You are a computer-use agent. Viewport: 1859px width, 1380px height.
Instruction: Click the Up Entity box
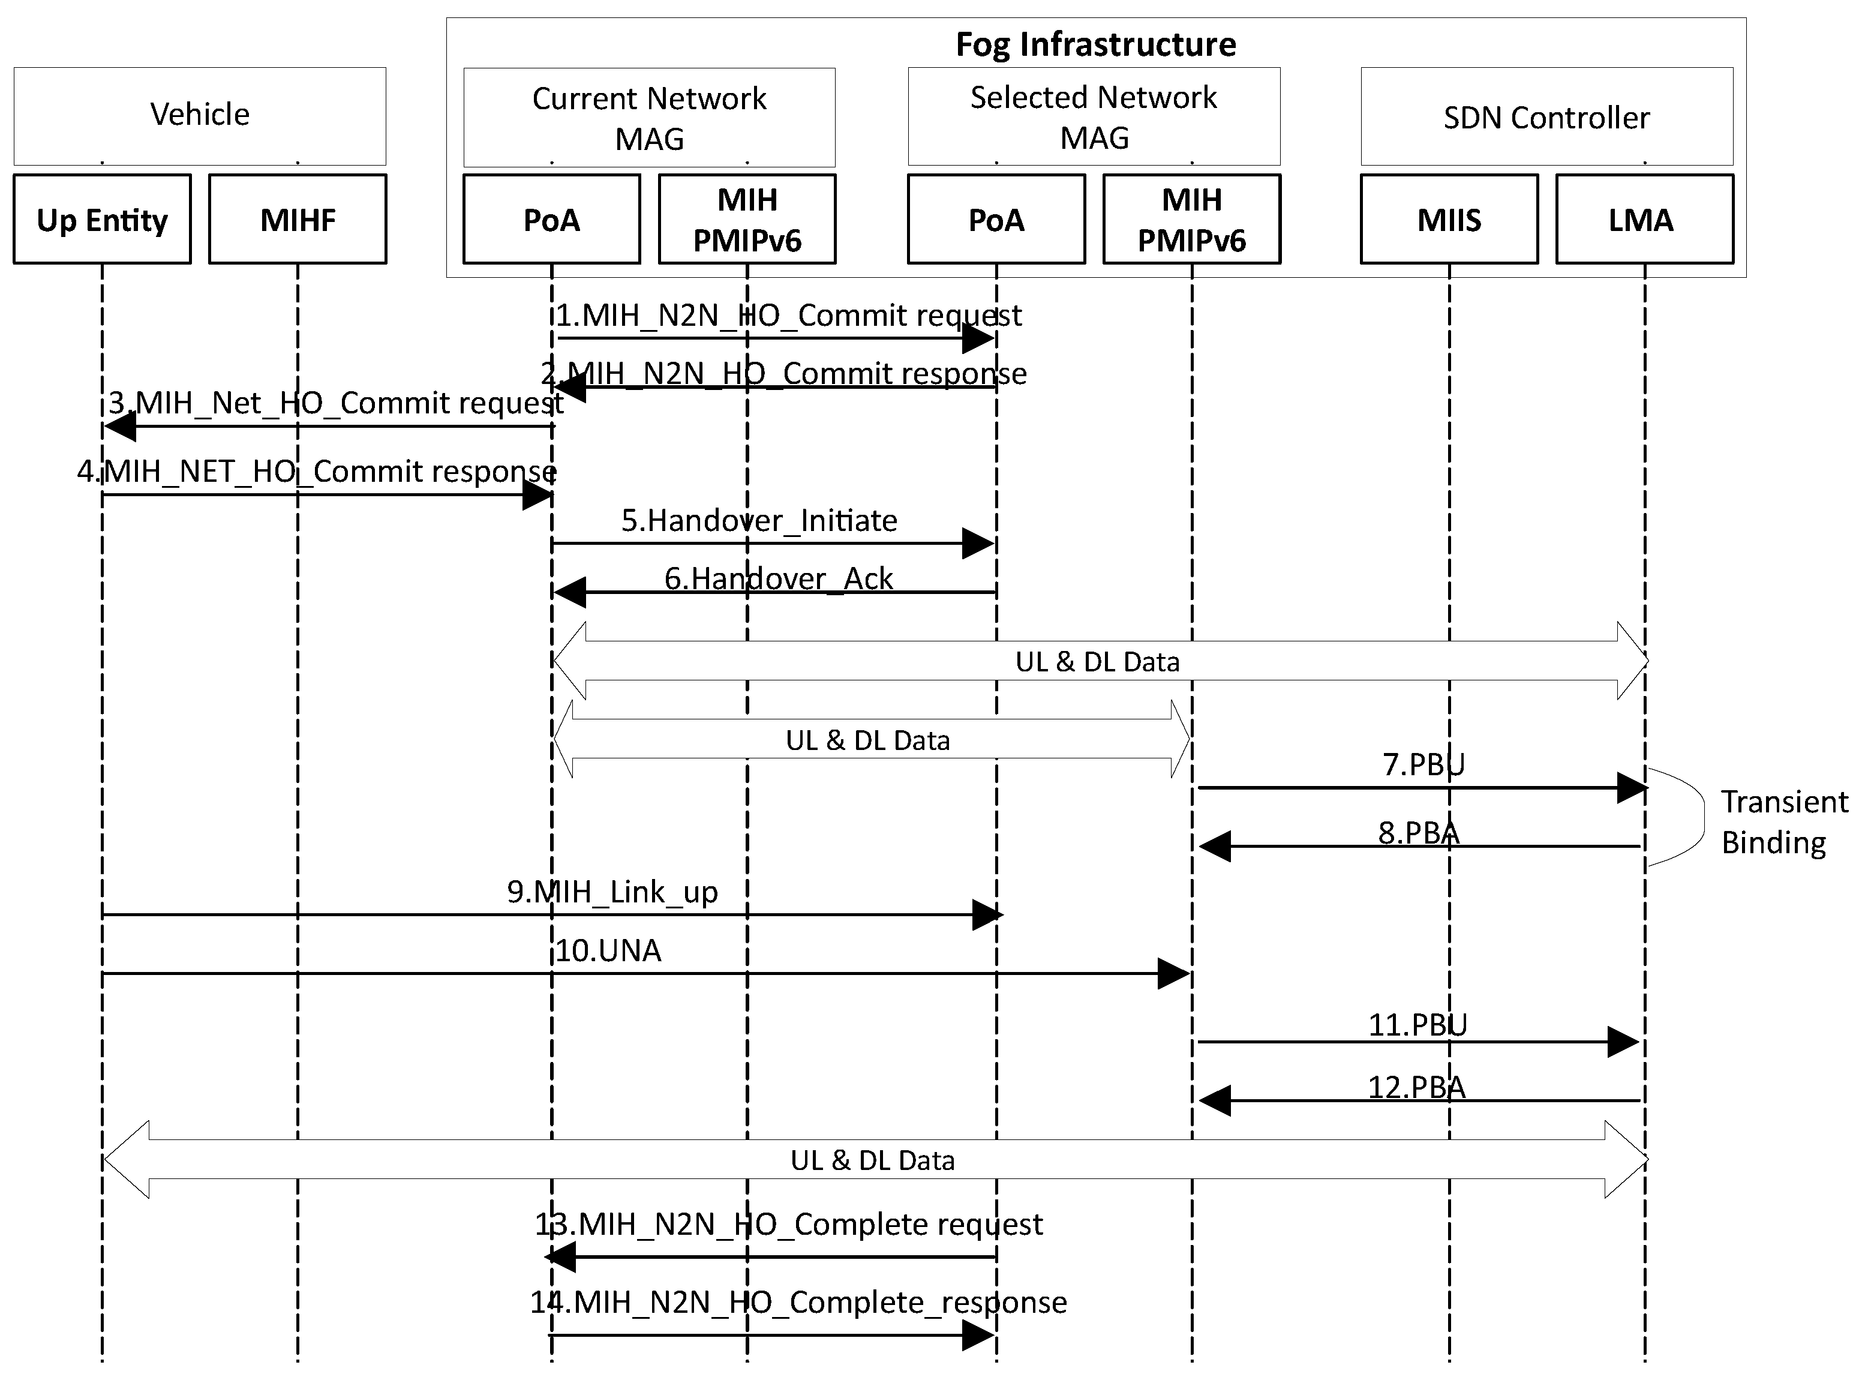102,219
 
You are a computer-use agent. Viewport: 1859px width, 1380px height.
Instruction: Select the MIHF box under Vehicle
298,219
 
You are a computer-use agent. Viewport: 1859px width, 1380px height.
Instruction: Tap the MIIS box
1448,219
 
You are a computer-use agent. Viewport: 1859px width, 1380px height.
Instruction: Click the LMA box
1644,219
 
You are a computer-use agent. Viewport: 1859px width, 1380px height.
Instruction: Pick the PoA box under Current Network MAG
551,219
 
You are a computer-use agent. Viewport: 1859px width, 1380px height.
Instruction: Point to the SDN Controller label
1546,117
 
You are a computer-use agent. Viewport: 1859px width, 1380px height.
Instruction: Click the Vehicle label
200,113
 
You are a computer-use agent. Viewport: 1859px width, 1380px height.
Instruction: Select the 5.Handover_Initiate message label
758,520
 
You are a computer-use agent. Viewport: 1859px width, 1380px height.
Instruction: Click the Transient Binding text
1783,821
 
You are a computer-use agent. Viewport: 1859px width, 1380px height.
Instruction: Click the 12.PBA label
1416,1087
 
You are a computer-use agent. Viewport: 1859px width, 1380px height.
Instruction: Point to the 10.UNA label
608,950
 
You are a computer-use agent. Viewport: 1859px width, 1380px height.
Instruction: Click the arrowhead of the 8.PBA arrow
1215,846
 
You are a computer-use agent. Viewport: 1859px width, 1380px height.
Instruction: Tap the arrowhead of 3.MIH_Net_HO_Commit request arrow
120,426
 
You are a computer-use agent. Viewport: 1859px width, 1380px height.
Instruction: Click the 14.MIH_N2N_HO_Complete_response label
798,1301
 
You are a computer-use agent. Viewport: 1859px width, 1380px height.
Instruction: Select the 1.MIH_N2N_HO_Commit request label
788,315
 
